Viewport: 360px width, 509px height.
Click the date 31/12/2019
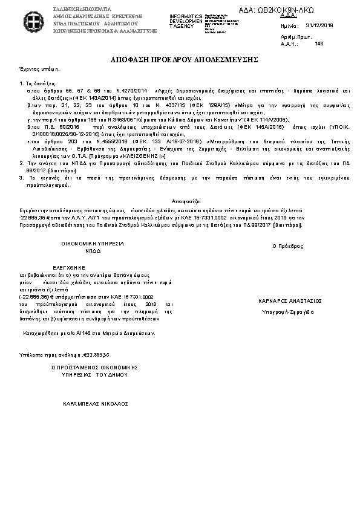[319, 26]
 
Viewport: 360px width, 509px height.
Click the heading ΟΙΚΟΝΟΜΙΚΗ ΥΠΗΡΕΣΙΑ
[93, 243]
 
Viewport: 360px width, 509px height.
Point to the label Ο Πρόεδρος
[287, 247]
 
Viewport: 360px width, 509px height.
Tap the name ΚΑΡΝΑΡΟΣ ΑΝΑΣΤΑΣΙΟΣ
[289, 300]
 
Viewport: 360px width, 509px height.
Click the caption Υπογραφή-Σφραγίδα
[288, 311]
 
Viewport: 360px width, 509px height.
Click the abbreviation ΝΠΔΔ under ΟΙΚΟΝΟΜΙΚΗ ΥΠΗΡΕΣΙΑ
[93, 250]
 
